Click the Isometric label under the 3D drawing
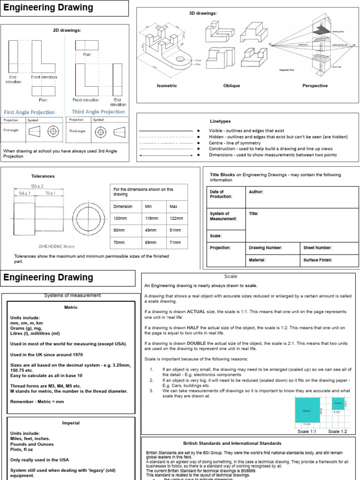click(167, 86)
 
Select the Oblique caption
click(232, 86)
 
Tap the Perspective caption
click(315, 86)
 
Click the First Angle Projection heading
click(29, 112)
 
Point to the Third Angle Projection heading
click(98, 112)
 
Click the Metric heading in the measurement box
click(71, 307)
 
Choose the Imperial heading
click(71, 423)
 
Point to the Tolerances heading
click(43, 176)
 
